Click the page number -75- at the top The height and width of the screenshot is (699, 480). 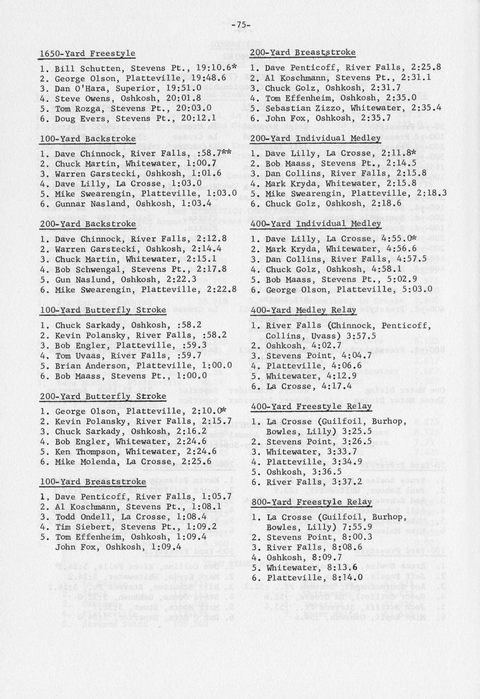pyautogui.click(x=241, y=25)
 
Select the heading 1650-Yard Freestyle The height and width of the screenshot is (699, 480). pyautogui.click(x=88, y=53)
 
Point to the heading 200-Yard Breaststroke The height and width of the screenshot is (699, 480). pyautogui.click(x=303, y=52)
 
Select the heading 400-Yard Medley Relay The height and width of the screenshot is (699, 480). pyautogui.click(x=303, y=310)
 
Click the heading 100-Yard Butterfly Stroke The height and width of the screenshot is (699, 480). pyautogui.click(x=103, y=310)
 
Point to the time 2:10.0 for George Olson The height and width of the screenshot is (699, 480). pyautogui.click(x=206, y=411)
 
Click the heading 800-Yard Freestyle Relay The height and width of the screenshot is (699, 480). pyautogui.click(x=311, y=502)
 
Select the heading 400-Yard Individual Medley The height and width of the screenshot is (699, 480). pyautogui.click(x=315, y=223)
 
